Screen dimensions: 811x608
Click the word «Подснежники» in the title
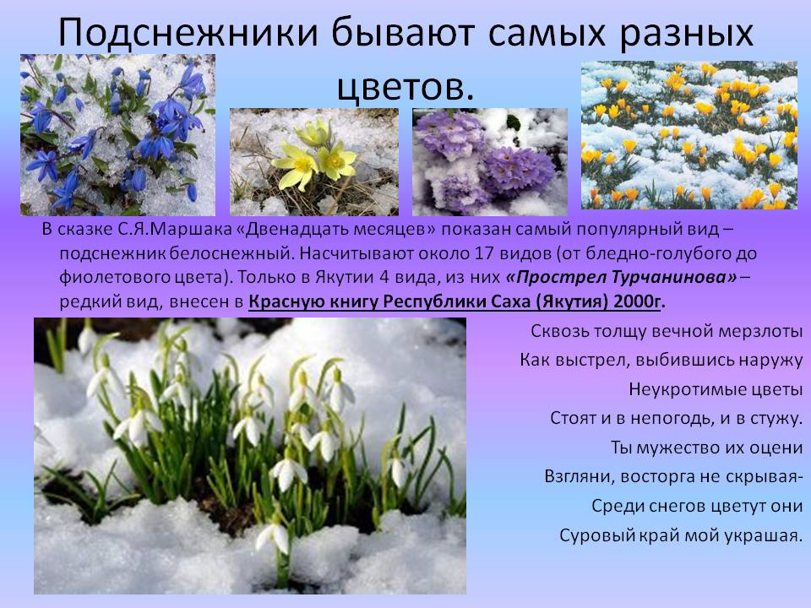pyautogui.click(x=188, y=33)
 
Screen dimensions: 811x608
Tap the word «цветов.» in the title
pyautogui.click(x=405, y=87)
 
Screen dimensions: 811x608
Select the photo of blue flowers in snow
pyautogui.click(x=118, y=135)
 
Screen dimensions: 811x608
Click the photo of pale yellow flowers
pyautogui.click(x=314, y=162)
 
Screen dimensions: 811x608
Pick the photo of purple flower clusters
pyautogui.click(x=490, y=162)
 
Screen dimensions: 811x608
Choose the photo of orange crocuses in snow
pyautogui.click(x=689, y=135)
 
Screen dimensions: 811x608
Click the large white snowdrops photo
pyautogui.click(x=250, y=455)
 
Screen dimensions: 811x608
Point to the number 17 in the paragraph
pyautogui.click(x=482, y=253)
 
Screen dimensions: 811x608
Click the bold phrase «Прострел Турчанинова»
pyautogui.click(x=621, y=278)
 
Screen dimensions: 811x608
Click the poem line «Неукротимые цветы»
pyautogui.click(x=716, y=389)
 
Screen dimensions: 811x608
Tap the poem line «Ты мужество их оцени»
pyautogui.click(x=707, y=448)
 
